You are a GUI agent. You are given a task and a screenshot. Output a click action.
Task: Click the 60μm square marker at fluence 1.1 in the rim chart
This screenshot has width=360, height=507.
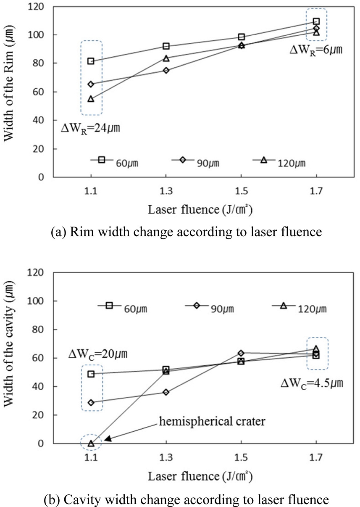point(91,61)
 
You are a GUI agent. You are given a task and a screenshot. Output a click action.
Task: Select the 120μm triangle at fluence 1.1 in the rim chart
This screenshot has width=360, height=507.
point(91,99)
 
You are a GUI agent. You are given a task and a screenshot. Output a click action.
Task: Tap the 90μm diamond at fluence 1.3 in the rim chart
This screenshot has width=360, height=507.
point(166,70)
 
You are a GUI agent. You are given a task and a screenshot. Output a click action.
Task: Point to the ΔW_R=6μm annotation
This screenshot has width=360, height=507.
point(316,50)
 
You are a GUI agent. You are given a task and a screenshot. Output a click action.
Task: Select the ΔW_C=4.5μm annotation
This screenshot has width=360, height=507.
point(310,383)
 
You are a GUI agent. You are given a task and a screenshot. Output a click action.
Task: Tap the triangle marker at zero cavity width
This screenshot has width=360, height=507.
point(91,443)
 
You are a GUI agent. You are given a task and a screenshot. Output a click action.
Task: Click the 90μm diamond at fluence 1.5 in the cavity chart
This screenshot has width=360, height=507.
point(241,353)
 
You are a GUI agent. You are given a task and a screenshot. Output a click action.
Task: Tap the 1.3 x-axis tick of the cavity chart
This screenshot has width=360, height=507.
point(166,457)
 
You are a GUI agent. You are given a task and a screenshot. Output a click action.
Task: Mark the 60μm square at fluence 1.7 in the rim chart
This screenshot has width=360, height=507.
point(316,21)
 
